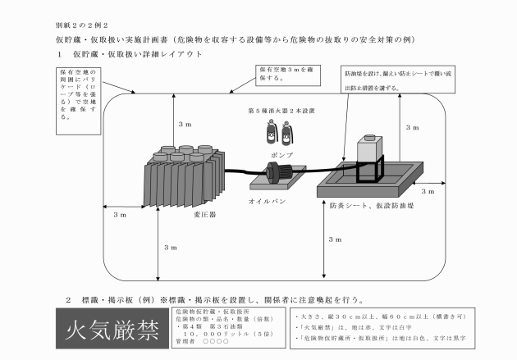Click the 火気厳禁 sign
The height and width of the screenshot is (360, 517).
[107, 331]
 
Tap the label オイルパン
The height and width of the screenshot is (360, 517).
[266, 200]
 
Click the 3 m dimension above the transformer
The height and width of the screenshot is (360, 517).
[185, 124]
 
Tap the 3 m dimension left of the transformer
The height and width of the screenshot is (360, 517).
[120, 214]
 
